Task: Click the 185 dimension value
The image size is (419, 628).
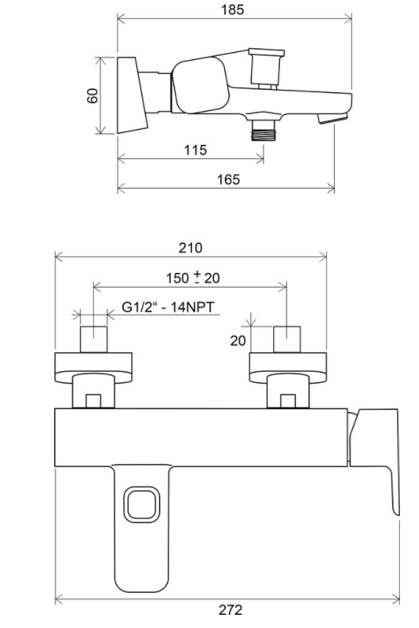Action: [x=233, y=10]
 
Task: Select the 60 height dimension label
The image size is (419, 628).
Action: [x=93, y=96]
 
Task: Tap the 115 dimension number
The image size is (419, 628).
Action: [x=194, y=149]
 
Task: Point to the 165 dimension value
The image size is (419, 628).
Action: [x=229, y=179]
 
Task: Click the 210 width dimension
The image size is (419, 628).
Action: [x=190, y=248]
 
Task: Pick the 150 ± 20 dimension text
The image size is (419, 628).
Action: [x=191, y=278]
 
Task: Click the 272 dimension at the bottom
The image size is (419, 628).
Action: [x=230, y=609]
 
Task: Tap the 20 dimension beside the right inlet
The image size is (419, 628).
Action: [x=237, y=341]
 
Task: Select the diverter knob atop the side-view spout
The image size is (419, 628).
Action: [x=266, y=67]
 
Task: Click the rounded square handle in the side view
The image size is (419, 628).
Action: [x=197, y=86]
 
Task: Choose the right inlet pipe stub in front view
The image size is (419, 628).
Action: [x=287, y=339]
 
